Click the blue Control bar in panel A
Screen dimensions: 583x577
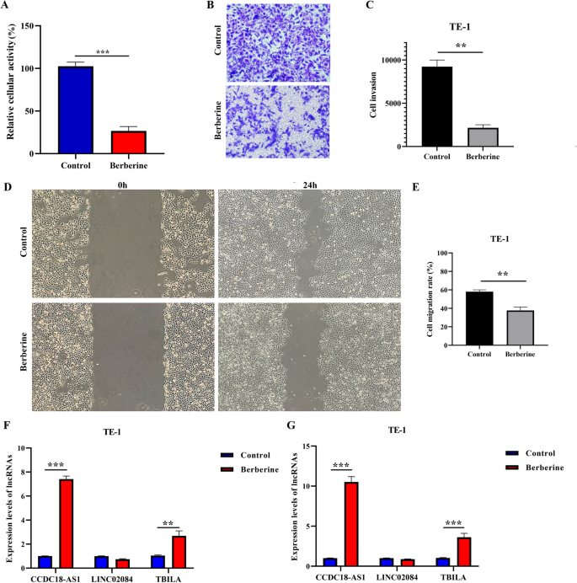(75, 110)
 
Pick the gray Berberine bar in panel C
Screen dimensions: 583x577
(484, 138)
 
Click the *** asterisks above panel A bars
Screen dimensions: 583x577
(101, 51)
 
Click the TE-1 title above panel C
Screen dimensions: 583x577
(461, 26)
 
